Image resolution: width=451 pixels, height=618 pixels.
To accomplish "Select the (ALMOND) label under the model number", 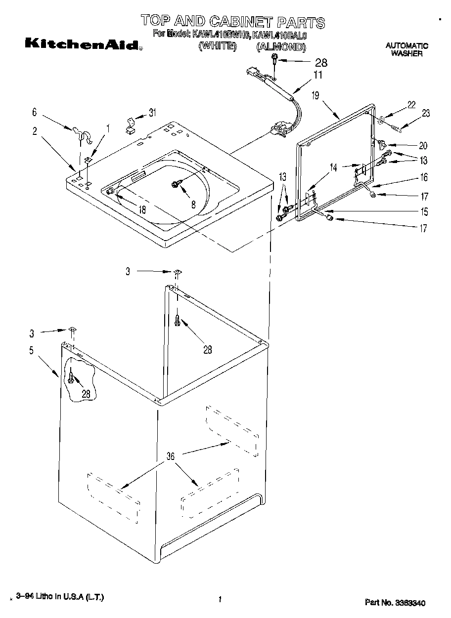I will pos(281,47).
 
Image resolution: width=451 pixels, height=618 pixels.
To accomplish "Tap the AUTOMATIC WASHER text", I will pos(406,49).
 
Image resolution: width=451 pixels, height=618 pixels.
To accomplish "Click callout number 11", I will pos(317,75).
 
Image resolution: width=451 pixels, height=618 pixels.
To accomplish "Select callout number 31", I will pos(152,113).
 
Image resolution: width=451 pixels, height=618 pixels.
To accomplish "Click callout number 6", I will pos(34,113).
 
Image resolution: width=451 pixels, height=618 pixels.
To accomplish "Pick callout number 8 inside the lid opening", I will pos(193,204).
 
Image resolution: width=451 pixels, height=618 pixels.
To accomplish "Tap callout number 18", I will pos(142,209).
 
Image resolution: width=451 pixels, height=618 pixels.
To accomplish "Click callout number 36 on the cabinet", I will pos(171,456).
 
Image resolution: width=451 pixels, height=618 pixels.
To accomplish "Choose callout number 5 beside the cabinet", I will pos(32,351).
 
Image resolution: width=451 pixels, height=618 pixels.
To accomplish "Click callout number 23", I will pos(426,113).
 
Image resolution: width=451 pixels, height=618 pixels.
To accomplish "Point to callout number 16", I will pos(424,177).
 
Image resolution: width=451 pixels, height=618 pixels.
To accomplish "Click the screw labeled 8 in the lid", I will pos(176,184).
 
